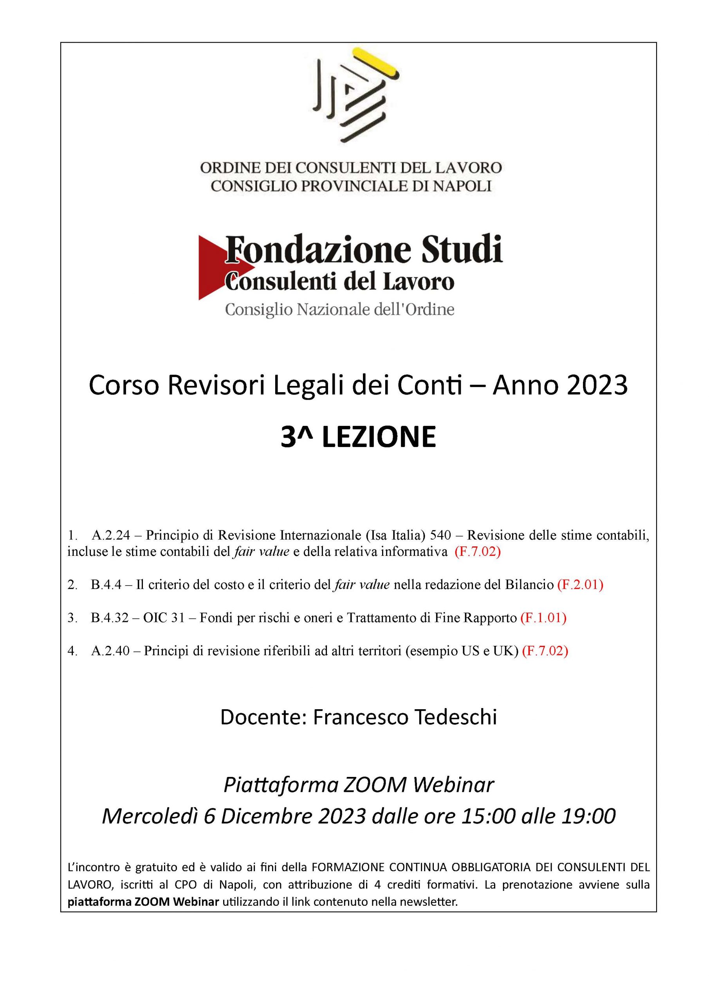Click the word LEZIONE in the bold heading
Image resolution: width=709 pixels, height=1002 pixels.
pyautogui.click(x=379, y=438)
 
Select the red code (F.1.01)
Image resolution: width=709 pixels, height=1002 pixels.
pyautogui.click(x=543, y=618)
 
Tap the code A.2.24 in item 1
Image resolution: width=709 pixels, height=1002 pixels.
pyautogui.click(x=111, y=535)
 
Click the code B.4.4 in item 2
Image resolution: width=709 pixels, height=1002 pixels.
pyautogui.click(x=106, y=585)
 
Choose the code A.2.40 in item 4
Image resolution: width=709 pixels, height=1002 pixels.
pyautogui.click(x=111, y=651)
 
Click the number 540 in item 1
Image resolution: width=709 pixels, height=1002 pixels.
pyautogui.click(x=440, y=535)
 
